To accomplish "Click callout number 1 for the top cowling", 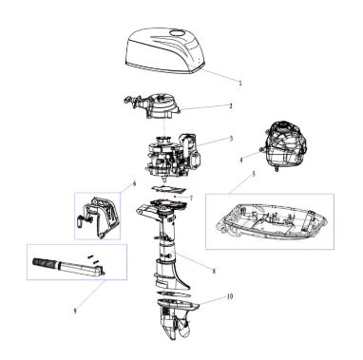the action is click(240, 84).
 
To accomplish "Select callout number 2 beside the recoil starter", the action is click(231, 106).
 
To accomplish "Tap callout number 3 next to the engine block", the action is click(231, 139).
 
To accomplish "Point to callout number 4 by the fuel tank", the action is click(240, 161).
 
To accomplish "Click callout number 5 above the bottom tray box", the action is click(254, 174).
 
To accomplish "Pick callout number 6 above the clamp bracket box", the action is click(134, 183).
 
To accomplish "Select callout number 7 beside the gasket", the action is click(191, 199).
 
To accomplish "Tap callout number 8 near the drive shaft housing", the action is click(214, 271).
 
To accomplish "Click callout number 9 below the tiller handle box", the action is click(75, 312).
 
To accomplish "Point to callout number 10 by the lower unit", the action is click(230, 296).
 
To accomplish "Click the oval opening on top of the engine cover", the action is click(177, 33).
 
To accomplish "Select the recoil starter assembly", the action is click(151, 106).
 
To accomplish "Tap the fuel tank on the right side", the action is click(284, 145).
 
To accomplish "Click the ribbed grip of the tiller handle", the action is click(45, 262).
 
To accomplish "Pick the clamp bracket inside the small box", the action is click(98, 217).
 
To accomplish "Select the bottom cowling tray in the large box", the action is click(270, 223).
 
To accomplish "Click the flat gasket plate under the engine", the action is click(168, 189).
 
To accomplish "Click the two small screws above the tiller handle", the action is click(93, 257).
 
